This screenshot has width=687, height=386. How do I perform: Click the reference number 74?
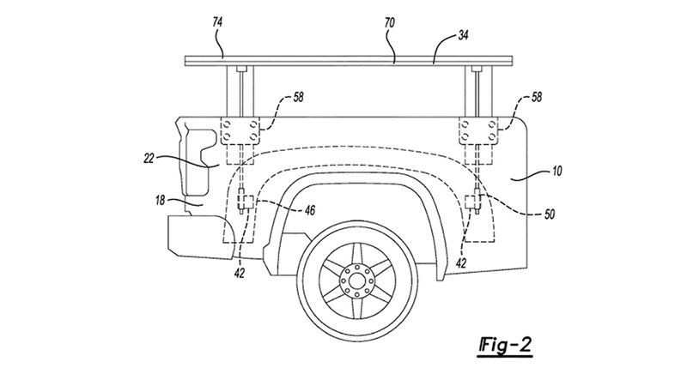click(x=217, y=23)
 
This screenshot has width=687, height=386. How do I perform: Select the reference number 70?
click(x=390, y=23)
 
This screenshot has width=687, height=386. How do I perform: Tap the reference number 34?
click(x=463, y=35)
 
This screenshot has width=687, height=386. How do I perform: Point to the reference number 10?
click(x=556, y=170)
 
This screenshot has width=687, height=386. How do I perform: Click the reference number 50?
click(x=549, y=214)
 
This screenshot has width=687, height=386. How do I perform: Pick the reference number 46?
click(x=309, y=211)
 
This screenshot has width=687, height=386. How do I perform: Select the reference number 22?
click(x=149, y=159)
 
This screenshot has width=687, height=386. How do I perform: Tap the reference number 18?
click(x=161, y=201)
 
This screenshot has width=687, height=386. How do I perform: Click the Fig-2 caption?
click(x=505, y=346)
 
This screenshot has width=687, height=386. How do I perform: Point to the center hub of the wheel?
click(x=356, y=281)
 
